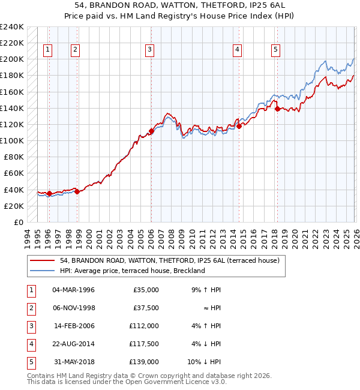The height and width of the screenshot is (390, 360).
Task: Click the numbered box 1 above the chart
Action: [47, 50]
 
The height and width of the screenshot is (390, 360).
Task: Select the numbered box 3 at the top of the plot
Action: [149, 50]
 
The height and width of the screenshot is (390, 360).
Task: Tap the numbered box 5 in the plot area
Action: [275, 50]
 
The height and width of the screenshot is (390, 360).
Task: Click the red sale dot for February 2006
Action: [151, 131]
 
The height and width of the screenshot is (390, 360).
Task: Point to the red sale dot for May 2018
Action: [277, 109]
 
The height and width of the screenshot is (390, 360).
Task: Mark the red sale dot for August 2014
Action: [239, 127]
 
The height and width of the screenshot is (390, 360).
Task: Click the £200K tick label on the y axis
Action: [12, 59]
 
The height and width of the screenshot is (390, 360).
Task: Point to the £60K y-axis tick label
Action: [14, 173]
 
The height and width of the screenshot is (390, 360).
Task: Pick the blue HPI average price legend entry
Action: [133, 271]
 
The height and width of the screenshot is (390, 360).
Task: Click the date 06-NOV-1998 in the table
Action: [74, 308]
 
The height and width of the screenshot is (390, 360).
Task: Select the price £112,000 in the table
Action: [144, 326]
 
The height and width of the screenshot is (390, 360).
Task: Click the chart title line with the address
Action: [179, 5]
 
